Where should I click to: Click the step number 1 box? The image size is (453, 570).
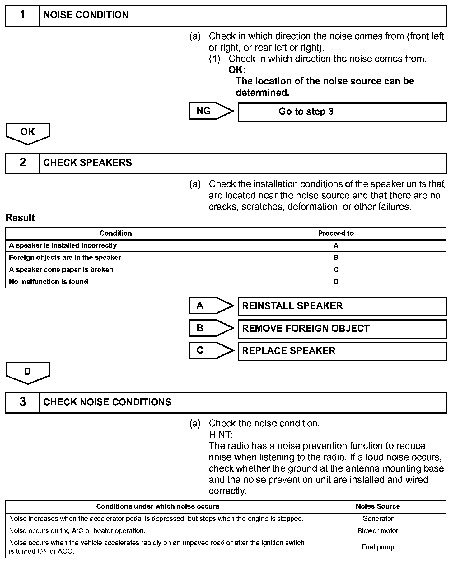23,15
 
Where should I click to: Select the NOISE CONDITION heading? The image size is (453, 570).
86,15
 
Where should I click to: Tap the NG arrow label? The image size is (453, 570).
211,111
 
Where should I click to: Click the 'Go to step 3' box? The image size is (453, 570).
342,112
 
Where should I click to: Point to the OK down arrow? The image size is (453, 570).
28,133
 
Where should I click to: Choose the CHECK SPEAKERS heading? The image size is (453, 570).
88,163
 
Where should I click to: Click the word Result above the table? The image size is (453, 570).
20,218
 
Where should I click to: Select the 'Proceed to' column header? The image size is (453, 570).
336,233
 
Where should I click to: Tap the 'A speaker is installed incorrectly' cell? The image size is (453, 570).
63,245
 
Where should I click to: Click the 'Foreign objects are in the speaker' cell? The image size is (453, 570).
65,258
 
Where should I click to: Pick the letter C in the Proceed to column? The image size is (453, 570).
336,270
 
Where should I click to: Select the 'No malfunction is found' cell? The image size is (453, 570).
49,282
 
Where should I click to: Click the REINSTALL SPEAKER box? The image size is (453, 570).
342,306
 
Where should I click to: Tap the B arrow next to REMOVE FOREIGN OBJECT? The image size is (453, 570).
211,328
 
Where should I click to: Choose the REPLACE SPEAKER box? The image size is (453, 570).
342,351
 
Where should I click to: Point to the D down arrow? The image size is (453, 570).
28,372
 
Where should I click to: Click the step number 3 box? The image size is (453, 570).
23,402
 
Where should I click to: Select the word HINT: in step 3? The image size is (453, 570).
221,435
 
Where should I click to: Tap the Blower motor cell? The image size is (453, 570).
378,531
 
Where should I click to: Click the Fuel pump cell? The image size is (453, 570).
378,547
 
